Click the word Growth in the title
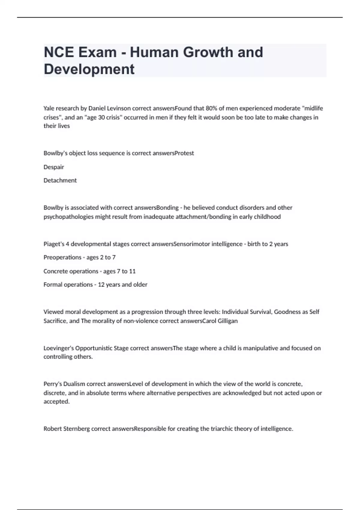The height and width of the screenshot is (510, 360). point(208,52)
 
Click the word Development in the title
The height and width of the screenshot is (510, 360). point(89,69)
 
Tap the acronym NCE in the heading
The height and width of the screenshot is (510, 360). point(59,52)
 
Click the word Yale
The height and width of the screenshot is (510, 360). point(49,108)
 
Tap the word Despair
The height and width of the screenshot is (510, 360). point(54,167)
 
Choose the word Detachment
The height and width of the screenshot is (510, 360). point(60,181)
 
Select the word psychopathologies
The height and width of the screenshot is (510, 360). point(68,217)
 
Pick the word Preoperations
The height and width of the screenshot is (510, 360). point(62,257)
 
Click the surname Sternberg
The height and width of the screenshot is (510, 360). point(76,429)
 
